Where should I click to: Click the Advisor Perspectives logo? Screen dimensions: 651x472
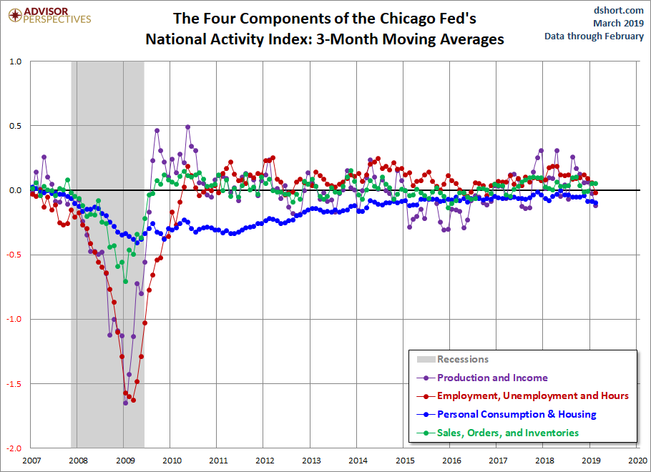[x=49, y=16]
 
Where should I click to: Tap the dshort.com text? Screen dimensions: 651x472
[x=619, y=10]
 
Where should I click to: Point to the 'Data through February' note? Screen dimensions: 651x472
[x=594, y=36]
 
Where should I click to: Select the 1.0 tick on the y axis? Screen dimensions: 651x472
[x=15, y=62]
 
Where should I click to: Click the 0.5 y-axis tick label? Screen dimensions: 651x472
[x=15, y=126]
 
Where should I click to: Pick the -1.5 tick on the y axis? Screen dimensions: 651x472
[x=14, y=384]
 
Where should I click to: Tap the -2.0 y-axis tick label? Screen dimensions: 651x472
[x=14, y=448]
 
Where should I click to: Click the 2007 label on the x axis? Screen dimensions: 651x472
[x=31, y=461]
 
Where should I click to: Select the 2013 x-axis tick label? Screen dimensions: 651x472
[x=311, y=461]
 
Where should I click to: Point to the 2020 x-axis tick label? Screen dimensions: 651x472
[x=637, y=461]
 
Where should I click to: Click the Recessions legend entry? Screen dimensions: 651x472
[x=453, y=359]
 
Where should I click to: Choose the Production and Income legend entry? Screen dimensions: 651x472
[x=482, y=378]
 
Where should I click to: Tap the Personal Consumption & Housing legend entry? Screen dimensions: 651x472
[x=506, y=414]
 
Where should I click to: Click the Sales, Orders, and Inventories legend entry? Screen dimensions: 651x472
[x=498, y=433]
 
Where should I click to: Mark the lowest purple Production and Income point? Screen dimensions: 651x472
[x=125, y=403]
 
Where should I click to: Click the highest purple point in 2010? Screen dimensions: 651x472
[x=187, y=127]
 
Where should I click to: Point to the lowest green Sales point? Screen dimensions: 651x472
[x=125, y=282]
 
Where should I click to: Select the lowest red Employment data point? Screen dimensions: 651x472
[x=133, y=400]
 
